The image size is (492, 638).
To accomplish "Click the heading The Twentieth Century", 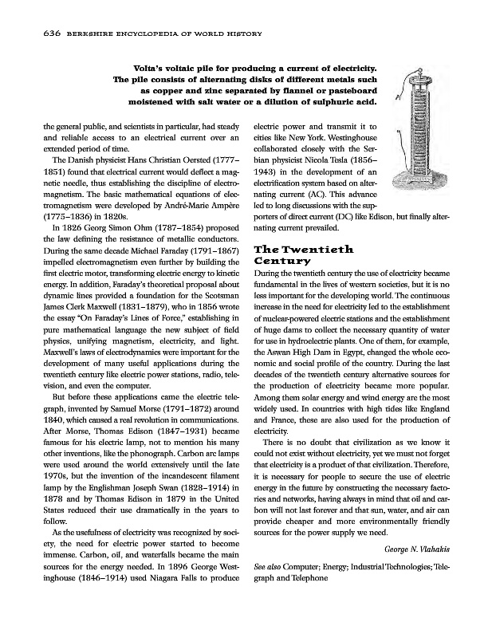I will [304, 254].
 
